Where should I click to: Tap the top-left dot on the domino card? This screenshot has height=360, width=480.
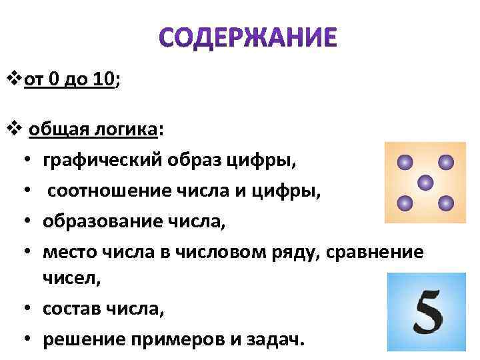pos(403,162)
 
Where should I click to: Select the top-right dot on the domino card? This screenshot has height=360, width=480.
pos(445,162)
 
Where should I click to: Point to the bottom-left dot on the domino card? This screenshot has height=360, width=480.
pos(403,202)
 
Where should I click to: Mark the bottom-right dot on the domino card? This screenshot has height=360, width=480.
pos(445,202)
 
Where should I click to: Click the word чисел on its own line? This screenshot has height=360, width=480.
pos(71,280)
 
